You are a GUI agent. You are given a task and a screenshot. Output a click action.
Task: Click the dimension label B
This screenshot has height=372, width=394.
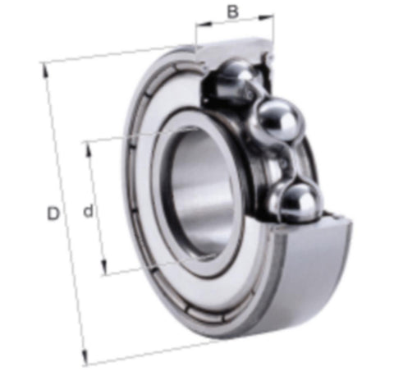pyautogui.click(x=233, y=11)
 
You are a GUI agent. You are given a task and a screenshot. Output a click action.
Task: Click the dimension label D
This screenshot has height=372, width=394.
pyautogui.click(x=53, y=214)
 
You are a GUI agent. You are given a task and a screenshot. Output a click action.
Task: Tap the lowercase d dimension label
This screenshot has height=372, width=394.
pyautogui.click(x=89, y=210)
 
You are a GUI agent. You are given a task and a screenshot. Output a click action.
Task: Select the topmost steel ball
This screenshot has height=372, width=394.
pyautogui.click(x=236, y=80)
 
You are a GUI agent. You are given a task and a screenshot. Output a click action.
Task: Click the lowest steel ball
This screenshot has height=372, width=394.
pyautogui.click(x=297, y=202)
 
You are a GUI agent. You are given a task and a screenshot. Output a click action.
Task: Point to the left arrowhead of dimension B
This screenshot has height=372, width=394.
pyautogui.click(x=204, y=25)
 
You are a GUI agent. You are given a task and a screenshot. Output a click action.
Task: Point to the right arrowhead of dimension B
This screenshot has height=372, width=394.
pyautogui.click(x=266, y=17)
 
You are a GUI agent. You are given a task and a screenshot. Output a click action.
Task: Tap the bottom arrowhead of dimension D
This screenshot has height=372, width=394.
pyautogui.click(x=85, y=356)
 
